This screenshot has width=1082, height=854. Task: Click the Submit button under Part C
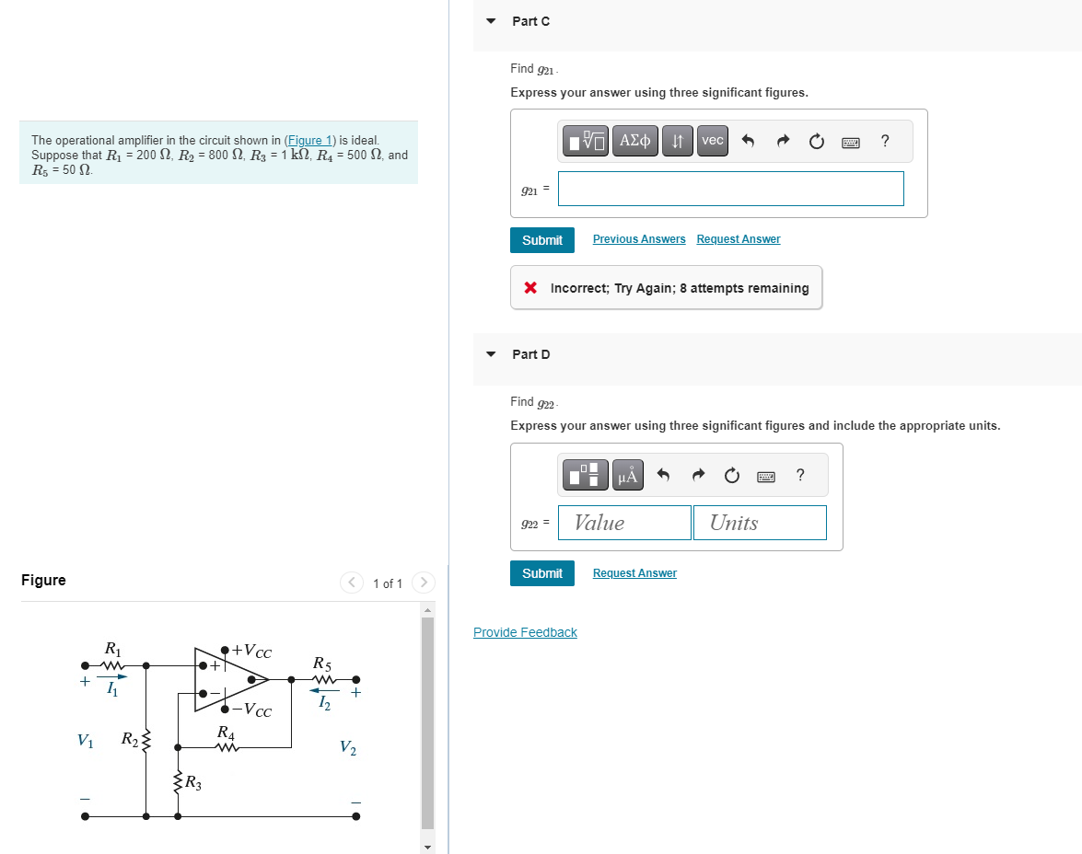point(542,240)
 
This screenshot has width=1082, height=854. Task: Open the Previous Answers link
point(639,239)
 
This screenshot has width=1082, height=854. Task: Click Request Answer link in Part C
point(738,239)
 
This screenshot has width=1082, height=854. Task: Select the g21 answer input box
point(730,189)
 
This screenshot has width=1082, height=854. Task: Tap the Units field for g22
point(760,523)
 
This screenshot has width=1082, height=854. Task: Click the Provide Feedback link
point(525,632)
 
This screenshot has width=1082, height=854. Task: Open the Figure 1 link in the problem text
point(310,140)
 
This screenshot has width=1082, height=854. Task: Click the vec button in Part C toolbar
point(712,141)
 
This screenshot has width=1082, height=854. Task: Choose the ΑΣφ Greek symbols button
point(635,141)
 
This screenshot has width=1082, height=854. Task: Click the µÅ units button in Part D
point(627,475)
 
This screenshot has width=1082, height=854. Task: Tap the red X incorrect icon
point(530,288)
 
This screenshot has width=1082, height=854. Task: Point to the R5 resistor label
point(322,663)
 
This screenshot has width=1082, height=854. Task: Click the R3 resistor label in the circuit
point(193,783)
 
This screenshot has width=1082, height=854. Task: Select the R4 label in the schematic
point(226,733)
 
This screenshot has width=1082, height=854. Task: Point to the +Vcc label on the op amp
point(251,652)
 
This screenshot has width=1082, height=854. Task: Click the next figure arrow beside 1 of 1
point(423,583)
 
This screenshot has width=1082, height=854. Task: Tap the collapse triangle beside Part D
point(491,354)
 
